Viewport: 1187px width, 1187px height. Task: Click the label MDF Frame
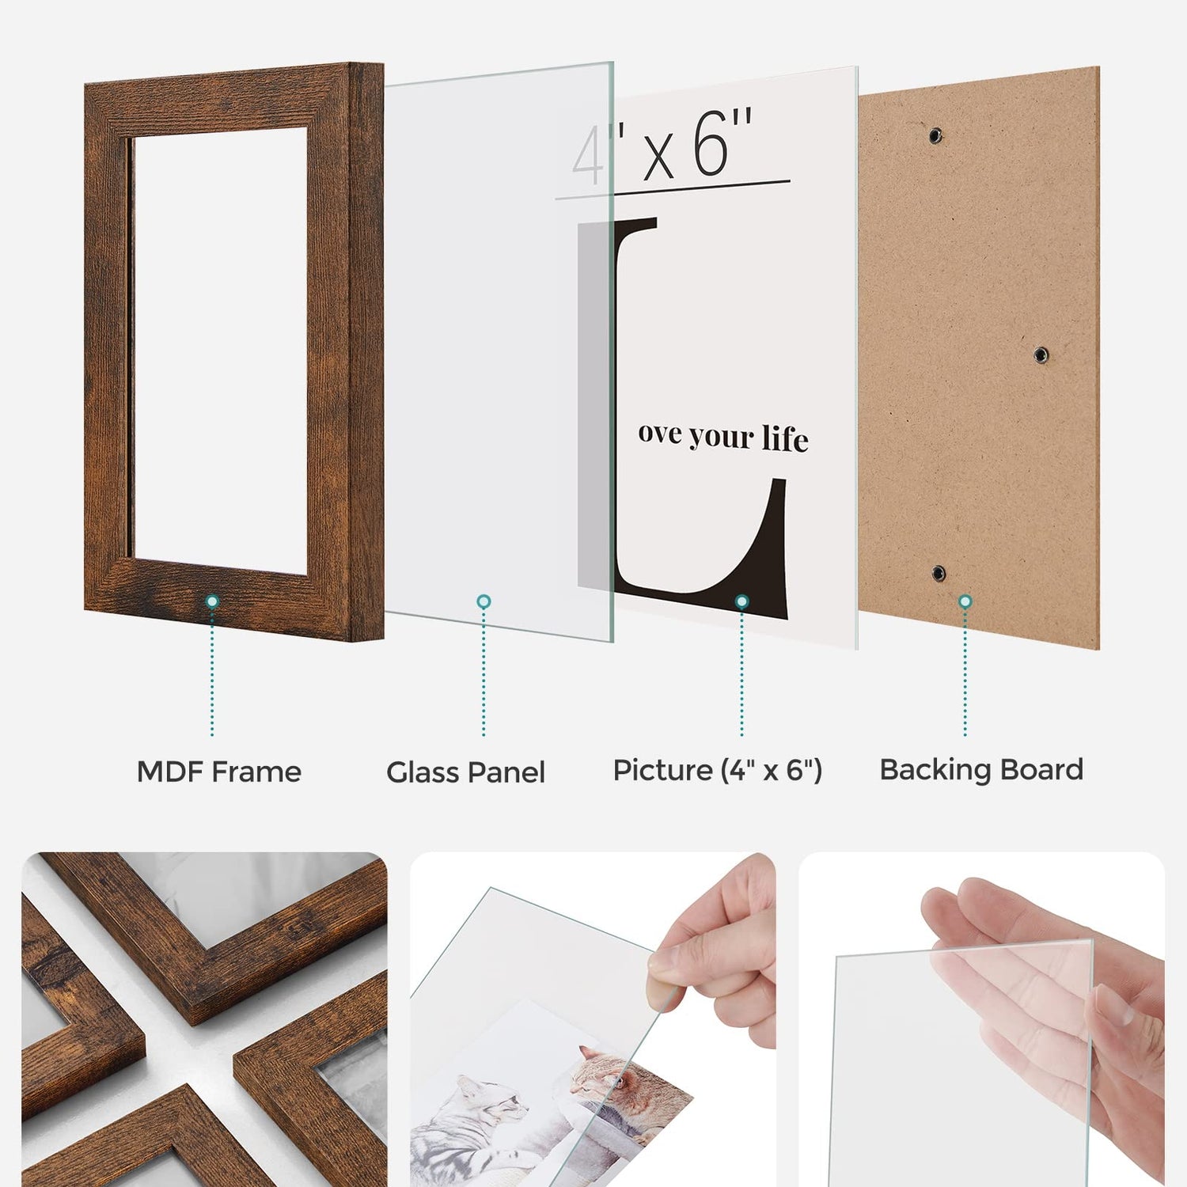219,772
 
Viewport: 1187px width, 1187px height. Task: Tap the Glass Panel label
465,772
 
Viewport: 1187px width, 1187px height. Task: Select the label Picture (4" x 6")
718,770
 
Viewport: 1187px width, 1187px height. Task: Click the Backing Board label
981,770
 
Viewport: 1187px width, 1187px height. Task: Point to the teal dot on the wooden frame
212,601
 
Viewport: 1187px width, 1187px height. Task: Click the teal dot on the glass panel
484,601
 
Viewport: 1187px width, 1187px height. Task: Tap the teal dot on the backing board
965,601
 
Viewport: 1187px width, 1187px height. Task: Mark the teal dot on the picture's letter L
741,601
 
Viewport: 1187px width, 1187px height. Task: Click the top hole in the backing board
936,135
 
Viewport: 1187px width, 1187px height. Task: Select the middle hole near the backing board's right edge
1041,355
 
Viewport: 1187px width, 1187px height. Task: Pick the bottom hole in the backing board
939,573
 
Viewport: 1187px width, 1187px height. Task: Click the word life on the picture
785,439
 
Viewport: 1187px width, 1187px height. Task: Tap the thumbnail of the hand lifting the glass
593,1019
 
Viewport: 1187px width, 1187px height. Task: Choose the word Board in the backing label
1041,770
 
